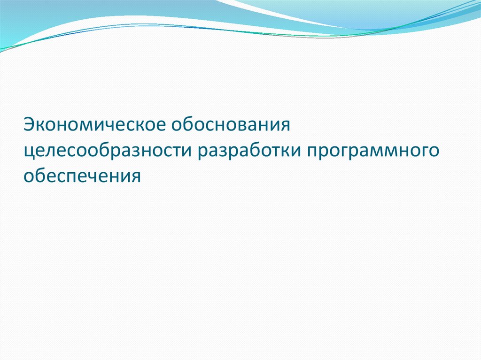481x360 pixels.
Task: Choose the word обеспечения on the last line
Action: pyautogui.click(x=82, y=177)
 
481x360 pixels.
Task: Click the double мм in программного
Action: pyautogui.click(x=381, y=152)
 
